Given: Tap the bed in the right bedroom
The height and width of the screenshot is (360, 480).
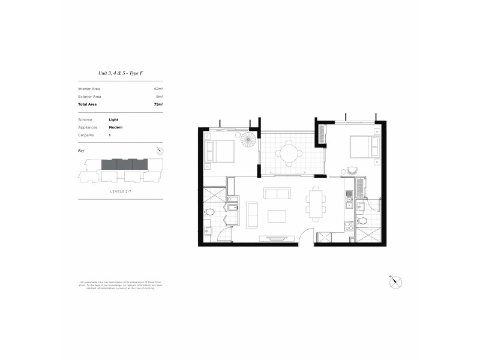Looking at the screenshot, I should (x=363, y=146).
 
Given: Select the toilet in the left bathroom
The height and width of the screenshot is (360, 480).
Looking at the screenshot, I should (x=210, y=211).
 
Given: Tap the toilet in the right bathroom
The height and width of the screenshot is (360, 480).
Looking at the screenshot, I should (x=362, y=220).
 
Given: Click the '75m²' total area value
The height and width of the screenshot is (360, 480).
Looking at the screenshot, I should (x=158, y=104).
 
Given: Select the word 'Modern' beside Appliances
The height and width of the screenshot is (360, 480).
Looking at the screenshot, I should (x=116, y=127).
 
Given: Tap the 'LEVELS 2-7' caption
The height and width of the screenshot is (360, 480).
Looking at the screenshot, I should (x=121, y=191).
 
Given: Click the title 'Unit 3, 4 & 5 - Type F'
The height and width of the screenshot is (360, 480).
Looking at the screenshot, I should (x=121, y=73).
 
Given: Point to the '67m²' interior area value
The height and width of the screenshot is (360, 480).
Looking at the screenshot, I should (x=159, y=89).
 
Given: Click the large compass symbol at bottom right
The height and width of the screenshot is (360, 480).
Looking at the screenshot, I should (x=395, y=282).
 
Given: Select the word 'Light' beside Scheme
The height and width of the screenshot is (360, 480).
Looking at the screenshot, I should (x=113, y=119).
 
